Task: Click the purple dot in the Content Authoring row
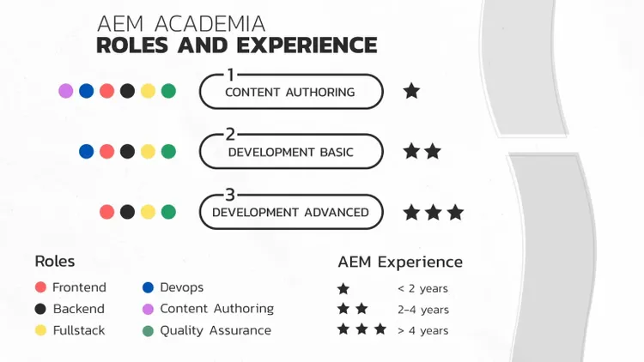point(65,91)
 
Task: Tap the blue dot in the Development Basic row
point(86,151)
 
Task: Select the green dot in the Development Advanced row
point(168,211)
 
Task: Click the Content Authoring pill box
point(290,92)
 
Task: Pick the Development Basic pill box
point(290,152)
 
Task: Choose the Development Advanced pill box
point(290,212)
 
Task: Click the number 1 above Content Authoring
point(230,75)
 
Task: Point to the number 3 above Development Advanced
point(230,195)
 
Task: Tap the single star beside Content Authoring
point(411,91)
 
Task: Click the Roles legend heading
point(55,261)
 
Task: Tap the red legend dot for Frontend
point(40,287)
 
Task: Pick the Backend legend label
point(78,309)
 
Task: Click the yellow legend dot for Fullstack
point(40,330)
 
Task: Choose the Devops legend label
point(181,287)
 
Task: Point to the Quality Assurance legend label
point(215,330)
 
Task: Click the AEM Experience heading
point(400,262)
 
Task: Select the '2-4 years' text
point(422,310)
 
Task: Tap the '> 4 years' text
point(422,330)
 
